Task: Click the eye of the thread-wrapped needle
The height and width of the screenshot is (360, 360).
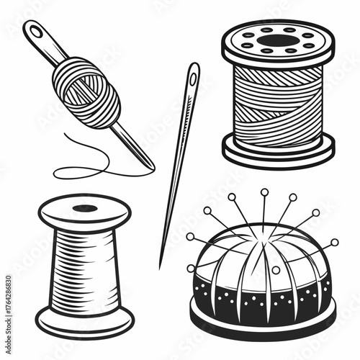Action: [36, 32]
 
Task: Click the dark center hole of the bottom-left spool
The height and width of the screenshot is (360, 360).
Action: [85, 208]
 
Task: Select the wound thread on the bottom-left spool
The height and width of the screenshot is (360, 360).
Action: [85, 266]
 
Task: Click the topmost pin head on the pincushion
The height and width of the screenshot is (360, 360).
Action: [264, 192]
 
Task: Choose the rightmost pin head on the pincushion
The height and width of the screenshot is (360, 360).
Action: [334, 243]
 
